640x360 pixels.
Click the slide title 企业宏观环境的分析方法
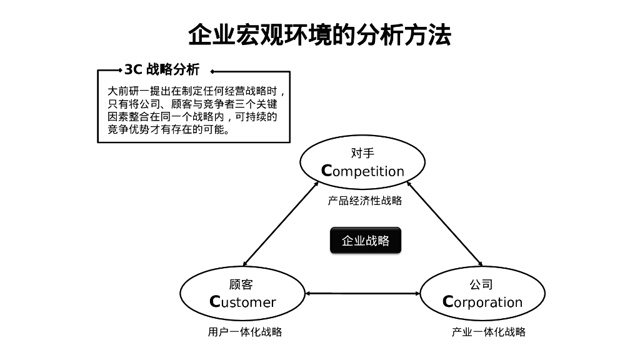click(x=319, y=35)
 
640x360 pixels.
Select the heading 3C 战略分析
click(x=162, y=69)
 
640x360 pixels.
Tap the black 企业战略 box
click(x=365, y=241)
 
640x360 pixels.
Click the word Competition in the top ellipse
click(x=362, y=171)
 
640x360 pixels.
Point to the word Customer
click(x=242, y=302)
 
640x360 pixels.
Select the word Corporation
click(x=482, y=302)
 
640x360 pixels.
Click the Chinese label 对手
click(x=362, y=153)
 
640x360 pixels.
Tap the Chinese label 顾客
click(x=241, y=284)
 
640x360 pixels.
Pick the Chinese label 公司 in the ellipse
click(x=481, y=284)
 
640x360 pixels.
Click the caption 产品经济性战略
click(x=364, y=201)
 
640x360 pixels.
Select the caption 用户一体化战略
click(x=244, y=332)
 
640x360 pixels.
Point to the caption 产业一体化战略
click(x=488, y=332)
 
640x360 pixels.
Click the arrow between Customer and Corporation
click(x=362, y=293)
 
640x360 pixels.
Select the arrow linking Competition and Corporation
click(x=444, y=223)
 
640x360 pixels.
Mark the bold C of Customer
click(x=215, y=302)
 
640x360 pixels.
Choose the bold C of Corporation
click(x=447, y=302)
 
